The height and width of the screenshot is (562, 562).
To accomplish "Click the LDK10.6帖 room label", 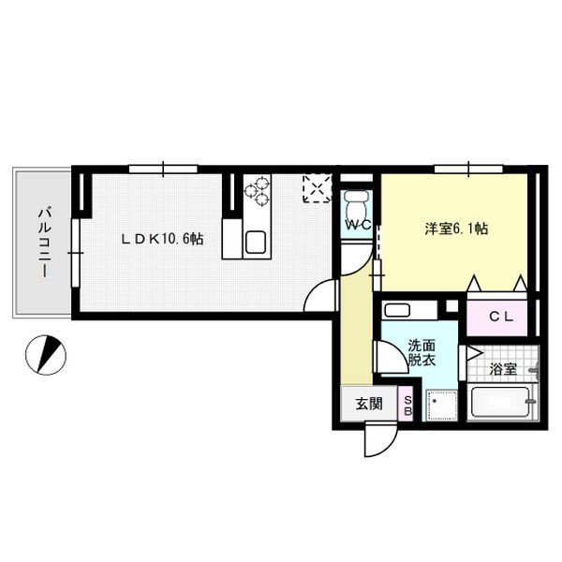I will click(161, 240).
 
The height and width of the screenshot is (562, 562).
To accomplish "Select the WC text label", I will click(357, 226).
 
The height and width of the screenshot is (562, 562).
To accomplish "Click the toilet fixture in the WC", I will click(357, 203).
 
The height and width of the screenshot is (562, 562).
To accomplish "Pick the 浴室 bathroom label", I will click(503, 367).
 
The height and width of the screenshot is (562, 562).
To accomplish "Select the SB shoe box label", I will click(407, 406).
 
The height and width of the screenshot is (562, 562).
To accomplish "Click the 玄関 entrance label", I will click(368, 405).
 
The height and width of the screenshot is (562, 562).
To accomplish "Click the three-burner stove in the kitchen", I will click(256, 195).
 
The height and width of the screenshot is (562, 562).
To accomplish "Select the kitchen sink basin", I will click(256, 244).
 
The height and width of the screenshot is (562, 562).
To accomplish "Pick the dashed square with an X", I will click(317, 188).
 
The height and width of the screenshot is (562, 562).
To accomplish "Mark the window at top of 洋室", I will click(466, 169).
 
